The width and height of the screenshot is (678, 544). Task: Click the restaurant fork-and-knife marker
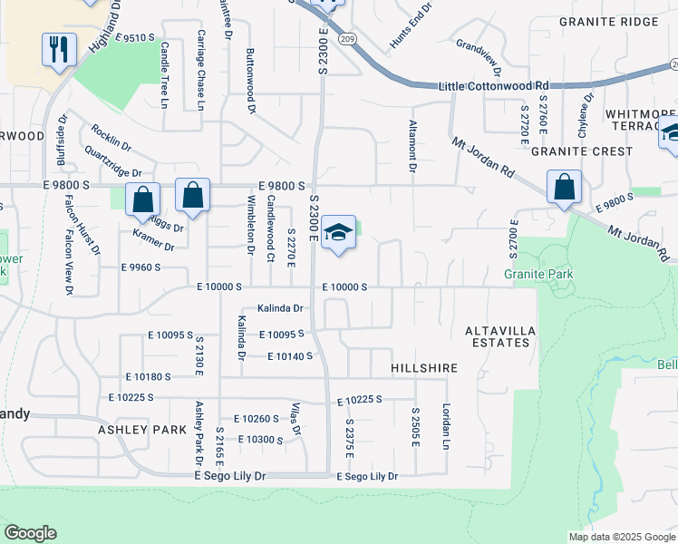59,49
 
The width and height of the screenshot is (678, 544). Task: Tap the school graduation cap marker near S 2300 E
338,233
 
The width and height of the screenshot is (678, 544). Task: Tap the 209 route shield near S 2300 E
347,40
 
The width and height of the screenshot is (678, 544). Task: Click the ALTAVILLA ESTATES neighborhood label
498,336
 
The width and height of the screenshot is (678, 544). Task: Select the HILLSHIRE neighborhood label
423,369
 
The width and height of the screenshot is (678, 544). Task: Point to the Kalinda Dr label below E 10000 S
280,308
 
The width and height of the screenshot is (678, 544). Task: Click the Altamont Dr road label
412,145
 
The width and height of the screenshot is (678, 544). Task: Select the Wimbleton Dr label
251,228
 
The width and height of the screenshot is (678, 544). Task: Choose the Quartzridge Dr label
113,160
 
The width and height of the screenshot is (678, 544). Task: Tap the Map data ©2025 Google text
621,537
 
